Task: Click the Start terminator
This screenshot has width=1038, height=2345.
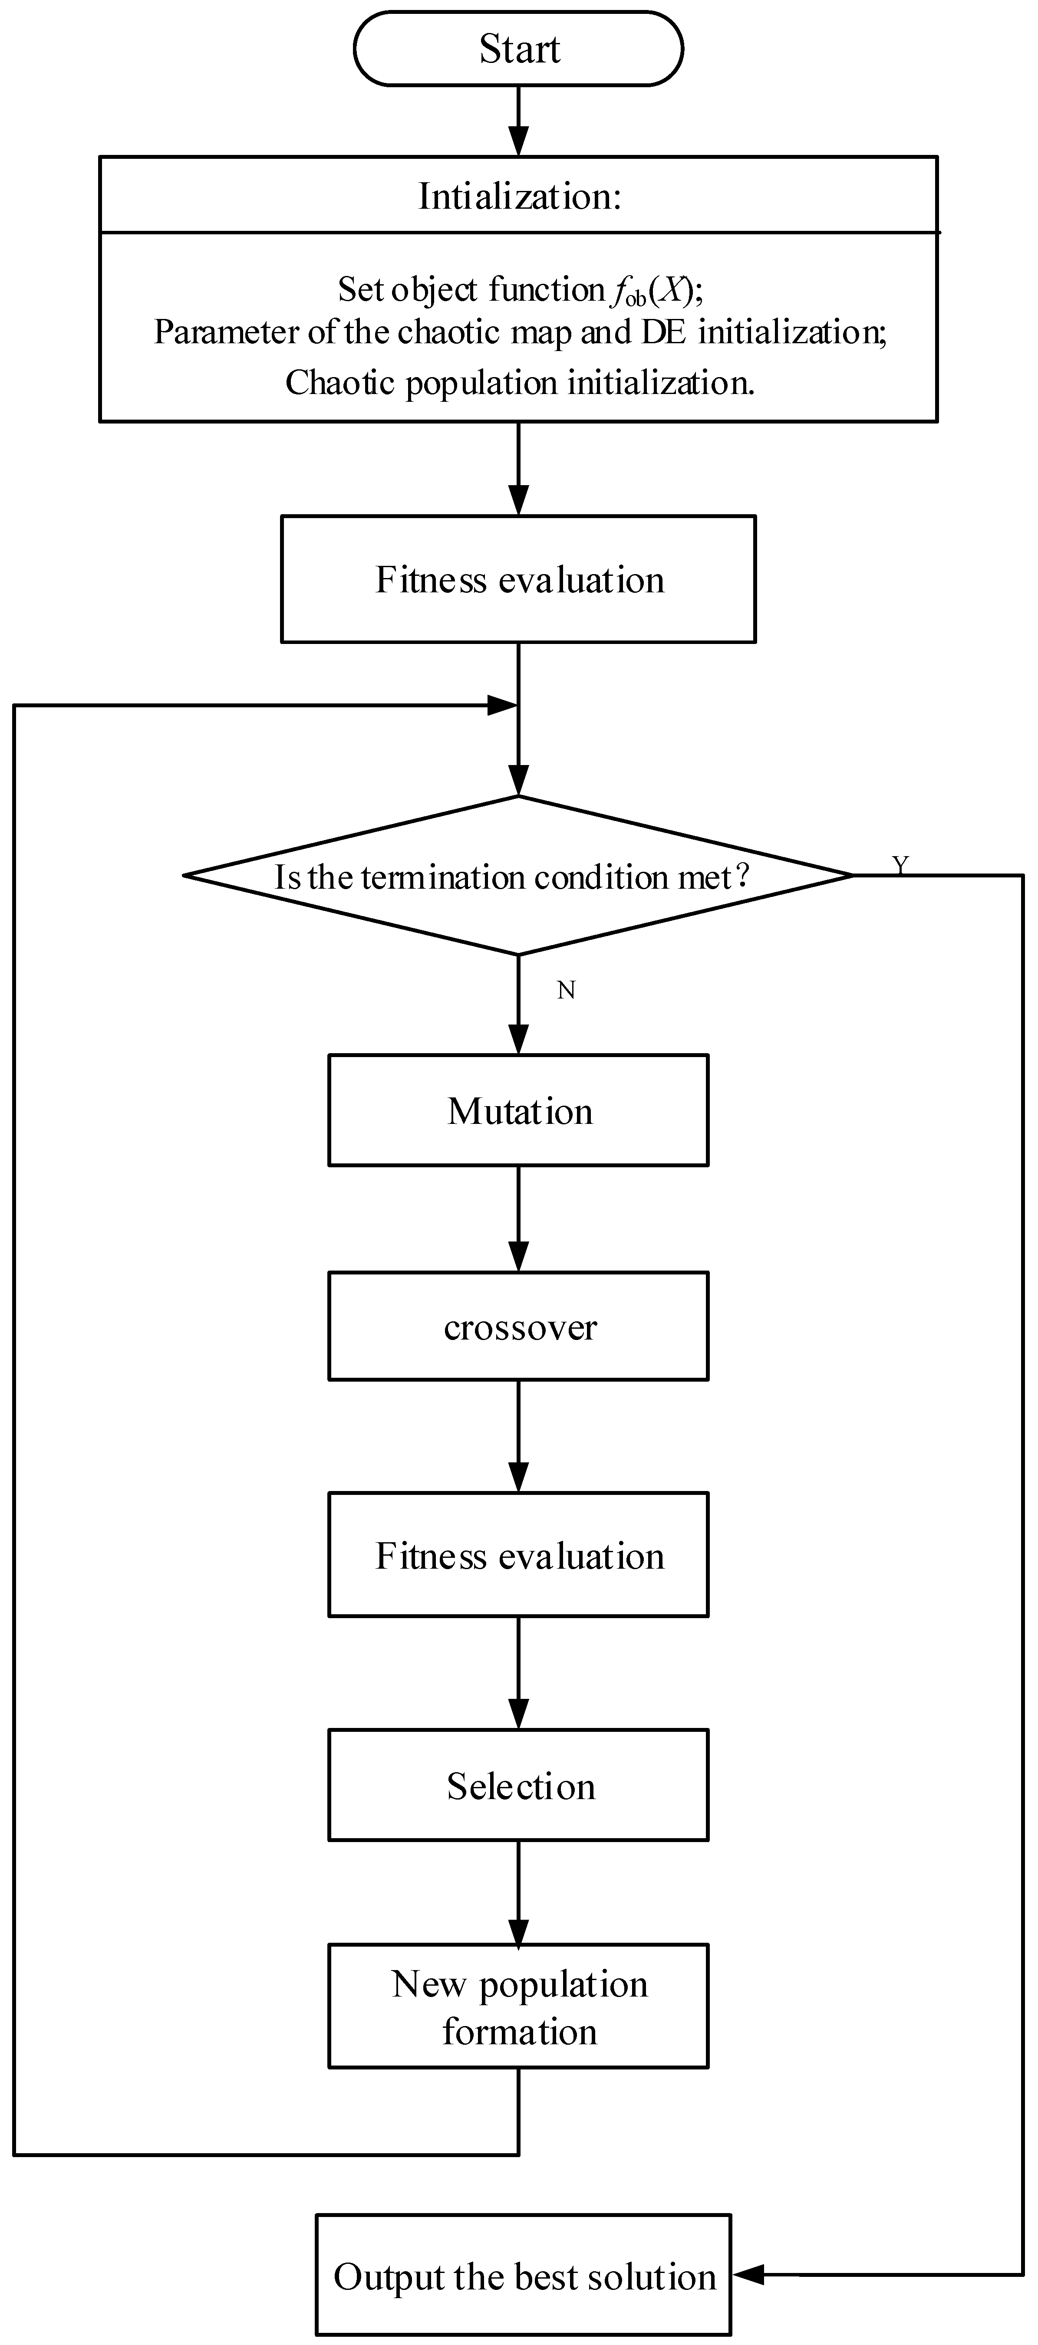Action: point(518,49)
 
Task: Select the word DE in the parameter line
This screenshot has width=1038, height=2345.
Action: point(664,332)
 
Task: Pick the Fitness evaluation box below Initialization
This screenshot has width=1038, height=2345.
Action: point(518,580)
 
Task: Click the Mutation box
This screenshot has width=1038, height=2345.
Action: point(518,1110)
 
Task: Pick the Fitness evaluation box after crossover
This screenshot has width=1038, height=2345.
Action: point(518,1556)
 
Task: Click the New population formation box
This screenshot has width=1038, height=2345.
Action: point(518,2007)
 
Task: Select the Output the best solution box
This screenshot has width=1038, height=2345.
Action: point(524,2276)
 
